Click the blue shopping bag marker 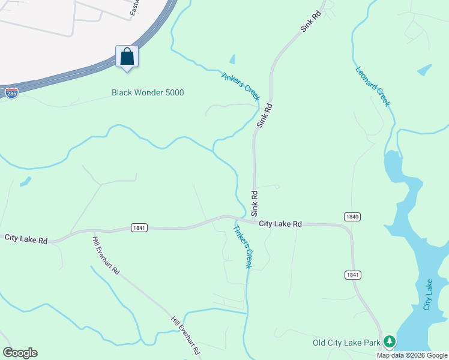(127, 57)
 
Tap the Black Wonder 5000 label (148, 92)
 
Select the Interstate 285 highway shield (11, 92)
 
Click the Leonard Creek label (373, 86)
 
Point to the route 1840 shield (352, 216)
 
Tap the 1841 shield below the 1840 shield (352, 274)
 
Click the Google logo (20, 353)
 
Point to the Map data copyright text (412, 355)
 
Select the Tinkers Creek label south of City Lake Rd (244, 247)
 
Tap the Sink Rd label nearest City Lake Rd (255, 203)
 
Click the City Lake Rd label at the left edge (26, 239)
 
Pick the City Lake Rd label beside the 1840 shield (280, 223)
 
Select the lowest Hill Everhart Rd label (185, 335)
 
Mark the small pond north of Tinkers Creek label (232, 59)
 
